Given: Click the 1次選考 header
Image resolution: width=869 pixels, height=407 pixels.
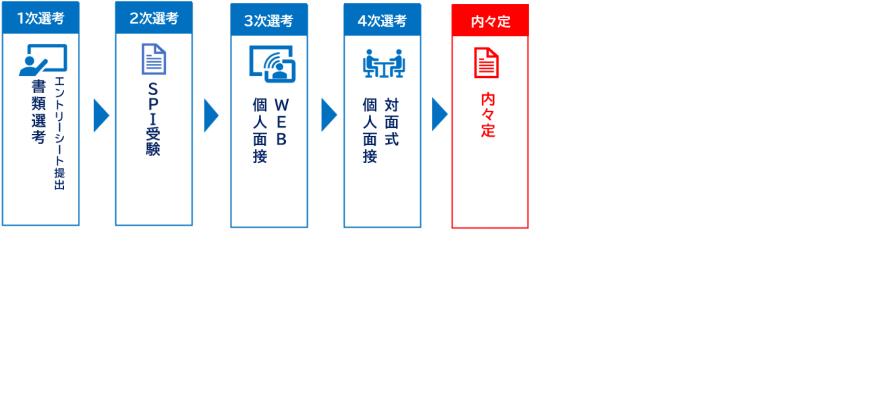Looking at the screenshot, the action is click(41, 18).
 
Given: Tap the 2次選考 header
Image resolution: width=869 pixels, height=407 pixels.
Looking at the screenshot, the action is click(154, 18).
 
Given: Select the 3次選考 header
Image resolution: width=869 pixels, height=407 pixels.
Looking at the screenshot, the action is click(269, 20).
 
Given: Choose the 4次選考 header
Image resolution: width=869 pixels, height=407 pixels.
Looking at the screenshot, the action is click(382, 20).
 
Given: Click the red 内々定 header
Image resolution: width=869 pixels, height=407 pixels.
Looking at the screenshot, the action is click(490, 20).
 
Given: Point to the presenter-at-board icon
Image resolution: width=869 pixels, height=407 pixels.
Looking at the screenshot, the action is click(43, 60).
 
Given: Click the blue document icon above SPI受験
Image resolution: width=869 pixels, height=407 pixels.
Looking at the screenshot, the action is click(154, 59).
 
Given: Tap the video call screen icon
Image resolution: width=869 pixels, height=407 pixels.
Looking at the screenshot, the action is click(272, 64).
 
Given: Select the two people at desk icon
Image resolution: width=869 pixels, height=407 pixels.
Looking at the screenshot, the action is click(384, 63).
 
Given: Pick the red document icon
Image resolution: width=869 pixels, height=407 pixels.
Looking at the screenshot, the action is click(486, 63).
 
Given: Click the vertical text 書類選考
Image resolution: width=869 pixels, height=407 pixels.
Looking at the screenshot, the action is click(39, 112).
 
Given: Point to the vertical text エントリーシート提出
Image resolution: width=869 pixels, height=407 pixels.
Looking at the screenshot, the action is click(59, 133).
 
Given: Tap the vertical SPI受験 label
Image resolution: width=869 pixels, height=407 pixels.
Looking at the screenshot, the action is click(153, 119).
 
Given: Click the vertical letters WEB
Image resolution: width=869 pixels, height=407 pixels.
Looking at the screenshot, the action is click(281, 122).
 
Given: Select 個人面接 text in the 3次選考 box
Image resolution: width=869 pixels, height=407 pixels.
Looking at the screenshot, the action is click(260, 130).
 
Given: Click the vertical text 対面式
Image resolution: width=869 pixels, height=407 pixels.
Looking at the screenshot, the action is click(392, 122).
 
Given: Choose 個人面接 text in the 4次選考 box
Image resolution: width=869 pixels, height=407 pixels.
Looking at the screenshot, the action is click(370, 130).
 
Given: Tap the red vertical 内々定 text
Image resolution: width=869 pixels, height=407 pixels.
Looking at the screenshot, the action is click(488, 115).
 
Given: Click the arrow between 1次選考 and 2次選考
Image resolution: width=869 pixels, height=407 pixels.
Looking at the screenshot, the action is click(101, 115).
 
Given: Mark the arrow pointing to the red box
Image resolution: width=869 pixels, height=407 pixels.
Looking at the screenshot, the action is click(439, 114).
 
